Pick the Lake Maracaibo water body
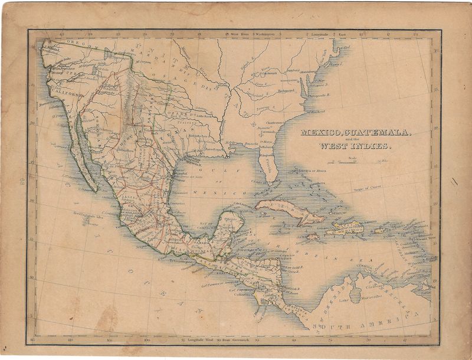pyautogui.click(x=355, y=294)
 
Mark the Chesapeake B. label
pyautogui.click(x=319, y=94)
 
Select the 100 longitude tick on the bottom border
pyautogui.click(x=146, y=340)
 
